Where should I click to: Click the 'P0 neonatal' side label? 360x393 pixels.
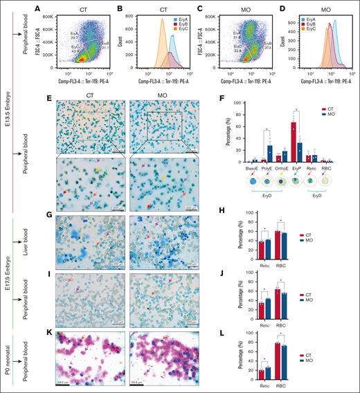[x=7, y=357]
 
